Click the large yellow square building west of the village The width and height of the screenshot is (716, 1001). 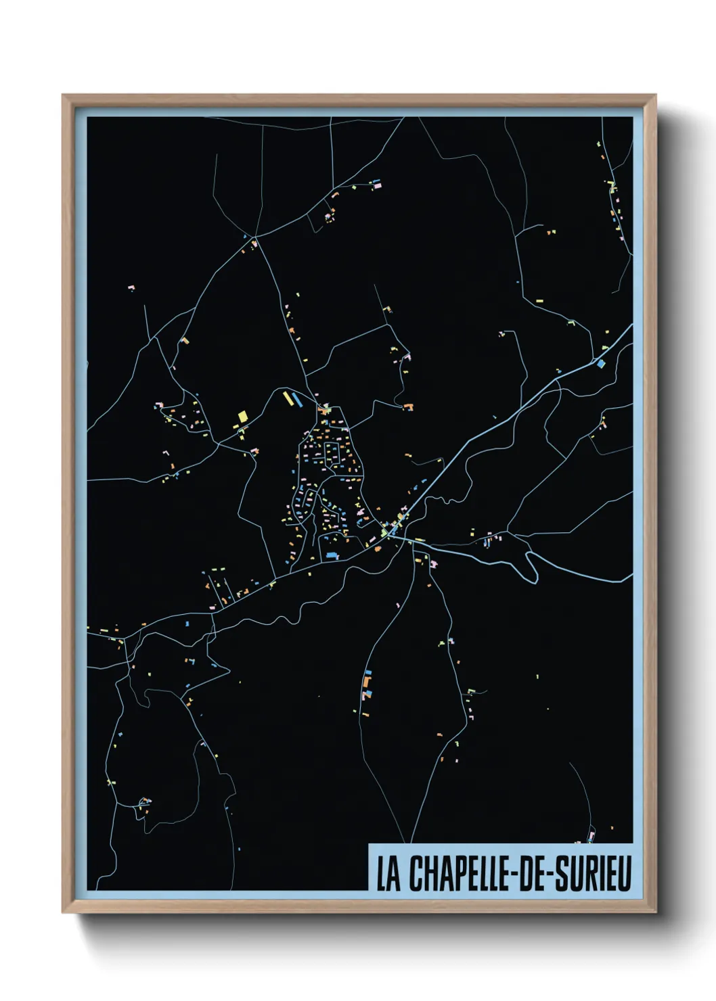(242, 416)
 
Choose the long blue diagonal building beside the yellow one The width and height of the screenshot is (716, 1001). (296, 399)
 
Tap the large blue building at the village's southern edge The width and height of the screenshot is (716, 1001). (332, 555)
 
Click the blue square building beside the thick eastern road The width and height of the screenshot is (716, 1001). (600, 363)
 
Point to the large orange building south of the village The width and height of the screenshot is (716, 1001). (367, 693)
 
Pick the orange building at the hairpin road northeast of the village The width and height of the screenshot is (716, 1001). (409, 406)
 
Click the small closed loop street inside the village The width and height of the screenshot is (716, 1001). (332, 455)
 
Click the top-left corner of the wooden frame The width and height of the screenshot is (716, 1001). (63, 95)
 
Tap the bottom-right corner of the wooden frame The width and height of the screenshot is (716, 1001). (655, 912)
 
